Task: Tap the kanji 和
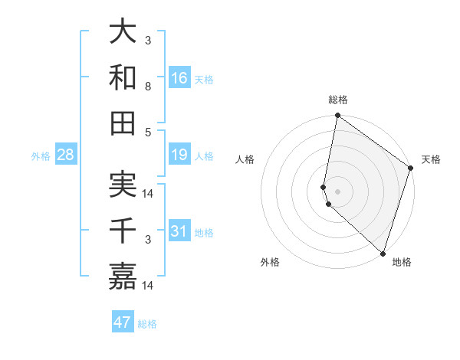click(x=123, y=77)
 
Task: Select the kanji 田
click(x=123, y=123)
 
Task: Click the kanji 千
click(x=123, y=230)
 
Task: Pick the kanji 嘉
click(x=123, y=275)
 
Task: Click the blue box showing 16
click(x=179, y=78)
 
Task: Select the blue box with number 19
click(x=179, y=155)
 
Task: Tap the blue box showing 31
click(x=179, y=231)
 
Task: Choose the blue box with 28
click(x=65, y=155)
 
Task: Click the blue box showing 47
click(x=123, y=322)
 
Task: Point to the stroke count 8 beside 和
click(x=148, y=87)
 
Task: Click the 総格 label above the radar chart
click(x=338, y=100)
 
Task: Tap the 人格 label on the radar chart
click(x=245, y=159)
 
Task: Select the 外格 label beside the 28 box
click(x=41, y=156)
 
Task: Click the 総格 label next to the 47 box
click(x=147, y=324)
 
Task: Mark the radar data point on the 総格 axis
click(x=337, y=116)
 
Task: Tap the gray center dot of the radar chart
click(x=337, y=191)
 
